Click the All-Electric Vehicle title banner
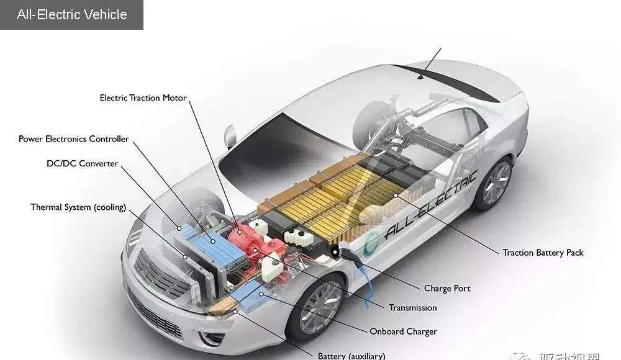71,15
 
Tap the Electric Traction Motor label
143,98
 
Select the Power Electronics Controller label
74,139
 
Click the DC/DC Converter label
82,164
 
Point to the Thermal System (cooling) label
78,207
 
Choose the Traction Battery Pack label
543,253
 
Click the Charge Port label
447,289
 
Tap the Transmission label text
412,308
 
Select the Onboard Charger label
403,331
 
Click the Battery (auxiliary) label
351,356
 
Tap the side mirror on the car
230,136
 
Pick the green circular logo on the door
371,244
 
